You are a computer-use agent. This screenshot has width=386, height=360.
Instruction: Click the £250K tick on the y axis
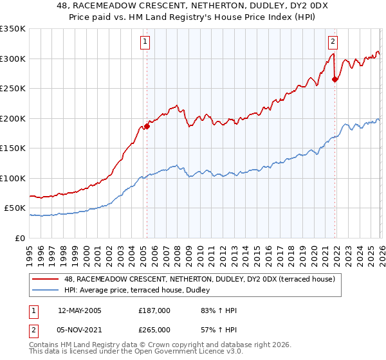coord(13,89)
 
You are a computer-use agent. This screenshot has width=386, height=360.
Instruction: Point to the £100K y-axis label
coord(13,178)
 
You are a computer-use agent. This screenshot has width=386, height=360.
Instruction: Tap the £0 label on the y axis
coord(19,238)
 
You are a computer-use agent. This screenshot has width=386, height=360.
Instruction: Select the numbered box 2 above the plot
coord(333,42)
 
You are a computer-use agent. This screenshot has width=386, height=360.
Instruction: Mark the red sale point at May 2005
coord(147,127)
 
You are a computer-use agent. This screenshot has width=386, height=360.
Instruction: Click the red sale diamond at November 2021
coord(335,80)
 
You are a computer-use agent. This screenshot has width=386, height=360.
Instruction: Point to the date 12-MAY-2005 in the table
coord(79,310)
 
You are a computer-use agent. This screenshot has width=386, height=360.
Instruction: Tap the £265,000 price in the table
coord(154,329)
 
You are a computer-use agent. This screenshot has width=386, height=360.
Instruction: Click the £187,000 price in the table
coord(154,310)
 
